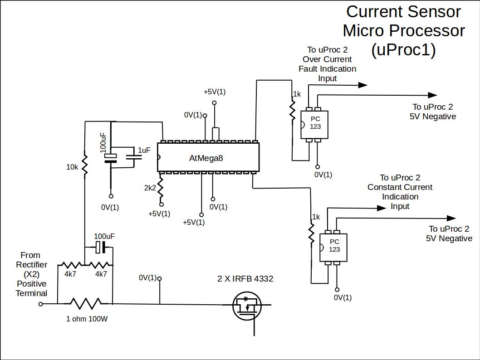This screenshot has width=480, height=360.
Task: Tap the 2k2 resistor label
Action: pos(150,187)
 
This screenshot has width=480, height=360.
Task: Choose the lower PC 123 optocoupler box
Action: pos(333,247)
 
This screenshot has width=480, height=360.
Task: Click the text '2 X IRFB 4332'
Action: pos(245,279)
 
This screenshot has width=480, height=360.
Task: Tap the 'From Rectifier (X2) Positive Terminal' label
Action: pos(31,274)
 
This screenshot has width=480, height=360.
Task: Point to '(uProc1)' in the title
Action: pos(403,50)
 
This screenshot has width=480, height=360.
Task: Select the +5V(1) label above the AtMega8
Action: pos(215,92)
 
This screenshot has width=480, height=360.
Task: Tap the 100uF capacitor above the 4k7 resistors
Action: pos(101,248)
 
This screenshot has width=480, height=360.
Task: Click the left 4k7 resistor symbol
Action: pos(70,265)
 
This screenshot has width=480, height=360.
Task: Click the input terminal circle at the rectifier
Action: pos(40,304)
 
